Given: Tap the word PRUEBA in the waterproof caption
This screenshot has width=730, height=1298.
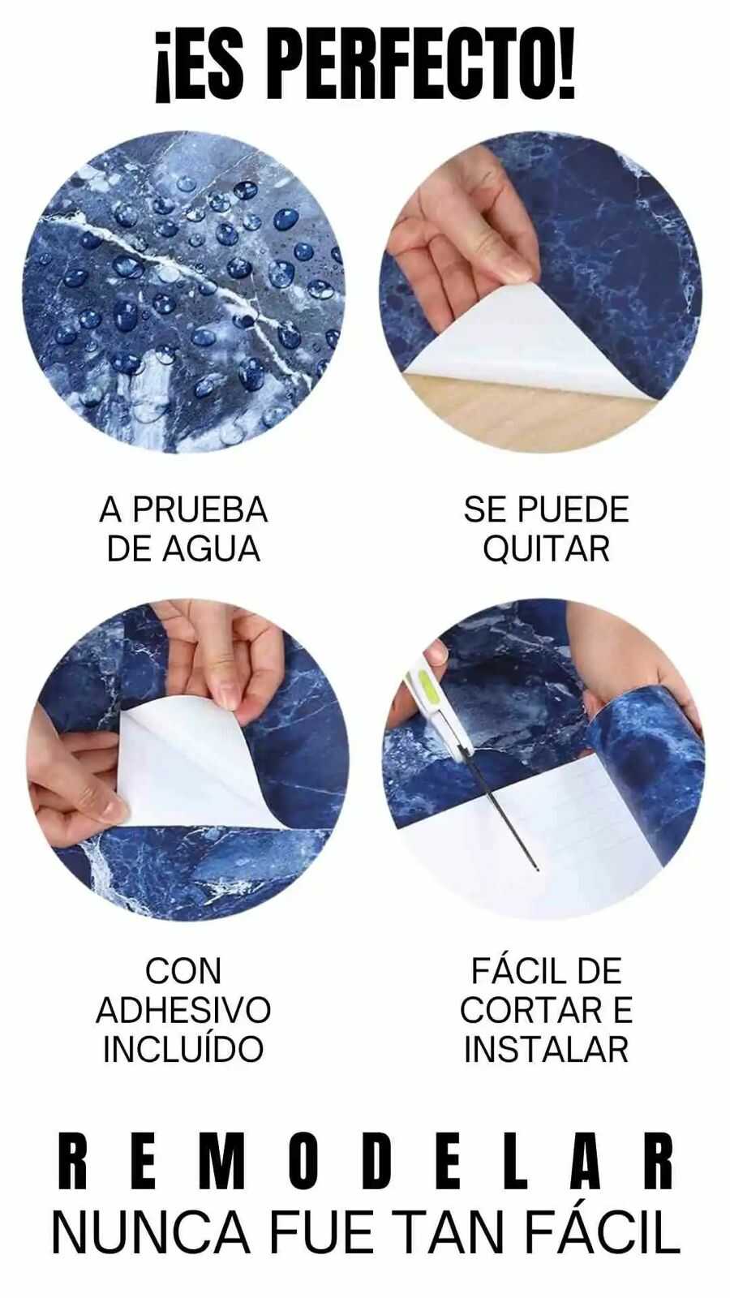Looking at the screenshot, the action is coord(200,510).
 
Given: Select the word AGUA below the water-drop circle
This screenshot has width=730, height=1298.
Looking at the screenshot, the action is coord(212,548).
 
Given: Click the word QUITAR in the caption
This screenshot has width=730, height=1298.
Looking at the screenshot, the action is coord(547,549).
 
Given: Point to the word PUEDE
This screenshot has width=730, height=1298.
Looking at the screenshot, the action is coord(573,510).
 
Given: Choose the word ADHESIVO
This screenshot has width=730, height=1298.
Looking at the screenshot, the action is coord(183,1010).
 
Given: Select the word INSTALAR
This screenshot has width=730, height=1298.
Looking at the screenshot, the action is coord(547,1048).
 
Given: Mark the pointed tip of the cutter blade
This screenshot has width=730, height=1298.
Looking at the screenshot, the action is coord(539,869).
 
